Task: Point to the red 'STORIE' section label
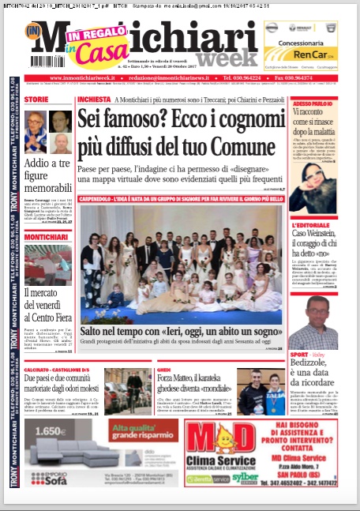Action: tap(36, 100)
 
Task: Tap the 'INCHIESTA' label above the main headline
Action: tap(94, 100)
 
